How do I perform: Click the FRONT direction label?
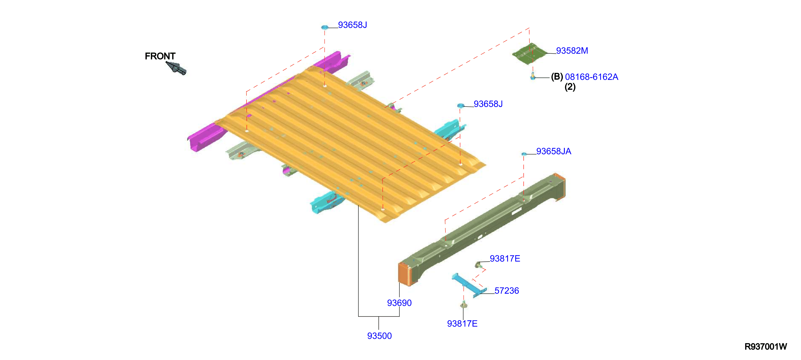160,56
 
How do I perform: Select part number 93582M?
572,51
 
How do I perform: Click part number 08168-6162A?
591,77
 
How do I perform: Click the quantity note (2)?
570,87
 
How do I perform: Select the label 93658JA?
553,151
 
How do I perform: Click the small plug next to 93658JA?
524,154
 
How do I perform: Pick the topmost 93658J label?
352,25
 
